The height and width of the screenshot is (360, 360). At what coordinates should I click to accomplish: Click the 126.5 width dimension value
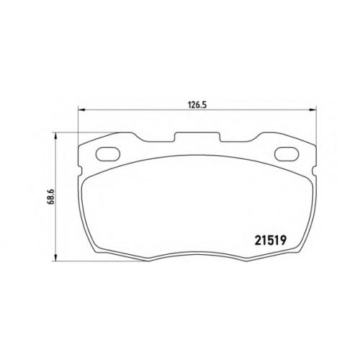(x=197, y=104)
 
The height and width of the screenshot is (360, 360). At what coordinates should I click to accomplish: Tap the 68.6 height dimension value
(x=52, y=197)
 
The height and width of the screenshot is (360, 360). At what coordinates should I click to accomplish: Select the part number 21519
(x=271, y=240)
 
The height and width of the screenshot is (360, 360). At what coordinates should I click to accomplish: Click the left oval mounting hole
(x=108, y=153)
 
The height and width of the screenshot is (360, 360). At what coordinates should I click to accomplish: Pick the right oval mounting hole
(x=287, y=153)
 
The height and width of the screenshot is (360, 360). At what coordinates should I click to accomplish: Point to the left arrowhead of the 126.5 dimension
(x=82, y=110)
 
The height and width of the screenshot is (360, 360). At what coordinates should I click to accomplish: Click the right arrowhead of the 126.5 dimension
(x=312, y=110)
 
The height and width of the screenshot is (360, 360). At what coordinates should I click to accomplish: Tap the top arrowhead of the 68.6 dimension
(x=55, y=136)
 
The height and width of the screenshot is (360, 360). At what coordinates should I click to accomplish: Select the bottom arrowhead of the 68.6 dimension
(x=55, y=258)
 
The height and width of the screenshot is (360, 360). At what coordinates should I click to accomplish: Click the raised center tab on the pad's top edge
(x=197, y=137)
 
